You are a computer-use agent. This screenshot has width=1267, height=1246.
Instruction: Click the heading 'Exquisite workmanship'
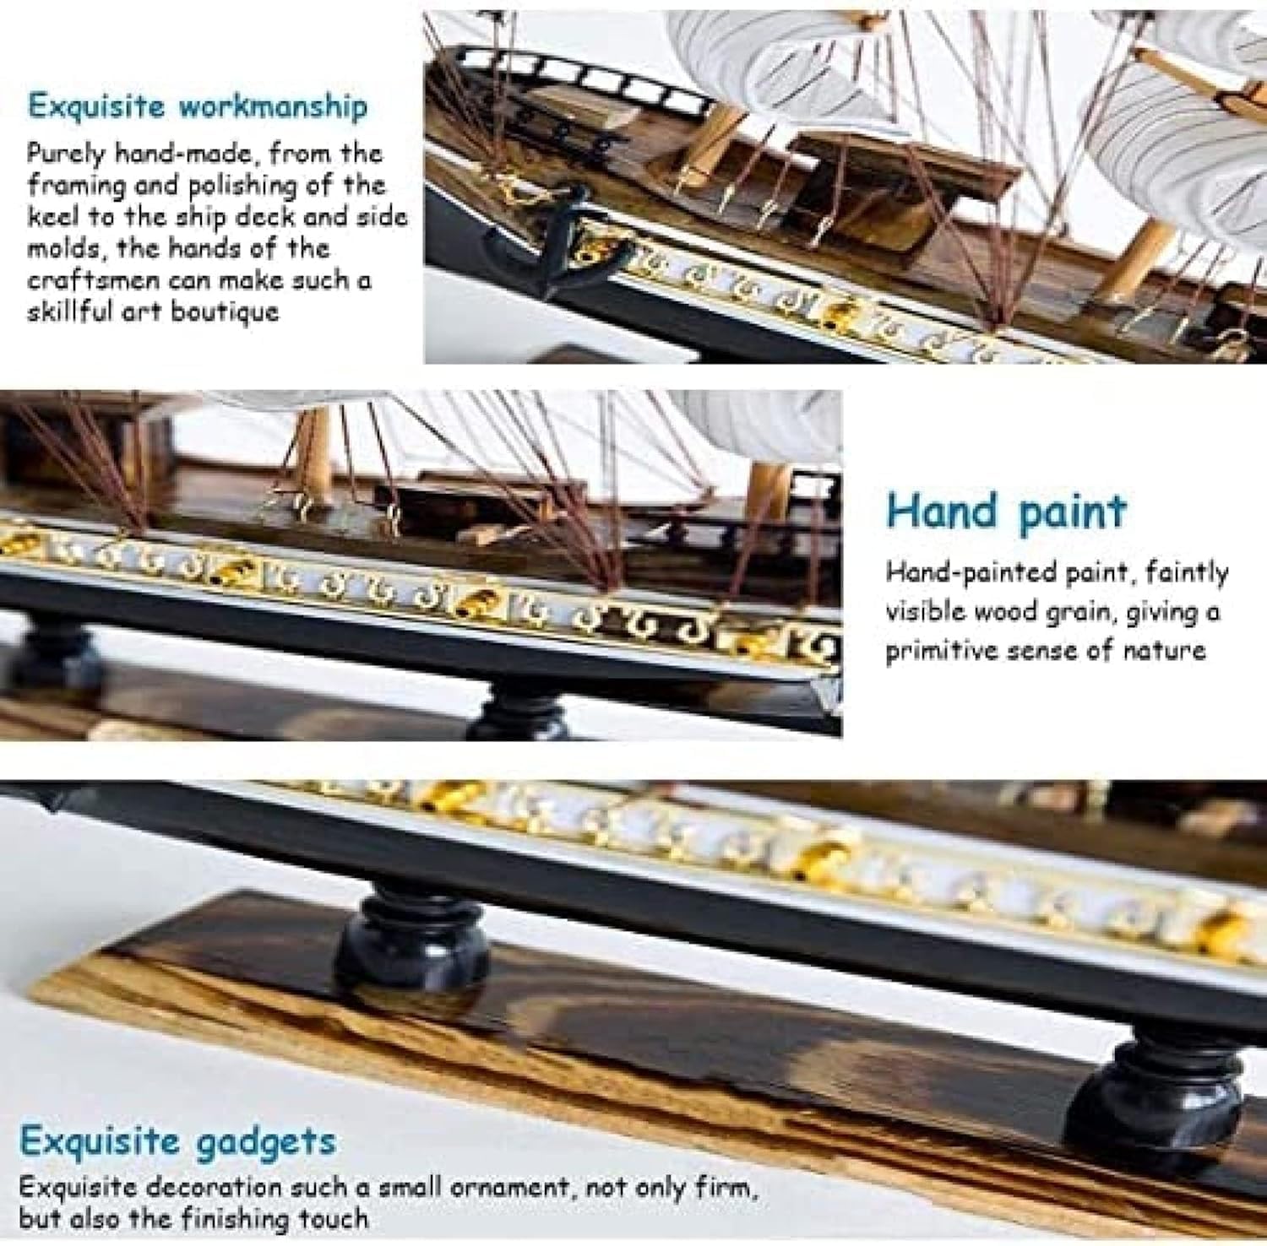198,107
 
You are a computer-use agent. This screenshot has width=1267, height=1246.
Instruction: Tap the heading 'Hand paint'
1006,512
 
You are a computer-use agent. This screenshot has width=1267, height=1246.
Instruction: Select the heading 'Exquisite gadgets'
177,1141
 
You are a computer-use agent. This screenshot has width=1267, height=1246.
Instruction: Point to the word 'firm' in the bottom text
724,1188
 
